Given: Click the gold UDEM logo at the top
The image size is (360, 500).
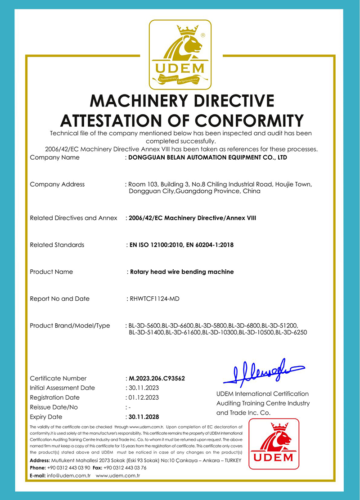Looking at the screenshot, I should click(x=180, y=54).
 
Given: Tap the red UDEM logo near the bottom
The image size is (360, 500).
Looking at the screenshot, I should click(x=274, y=445).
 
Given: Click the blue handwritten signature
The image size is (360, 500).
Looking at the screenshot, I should click(x=259, y=371).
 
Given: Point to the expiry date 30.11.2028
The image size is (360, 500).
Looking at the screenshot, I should click(x=144, y=417).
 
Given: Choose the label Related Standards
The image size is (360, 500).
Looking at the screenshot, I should click(x=57, y=245).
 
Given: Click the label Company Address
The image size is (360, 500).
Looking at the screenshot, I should click(x=57, y=184).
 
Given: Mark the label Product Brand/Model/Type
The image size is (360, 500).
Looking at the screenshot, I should click(x=70, y=326).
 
